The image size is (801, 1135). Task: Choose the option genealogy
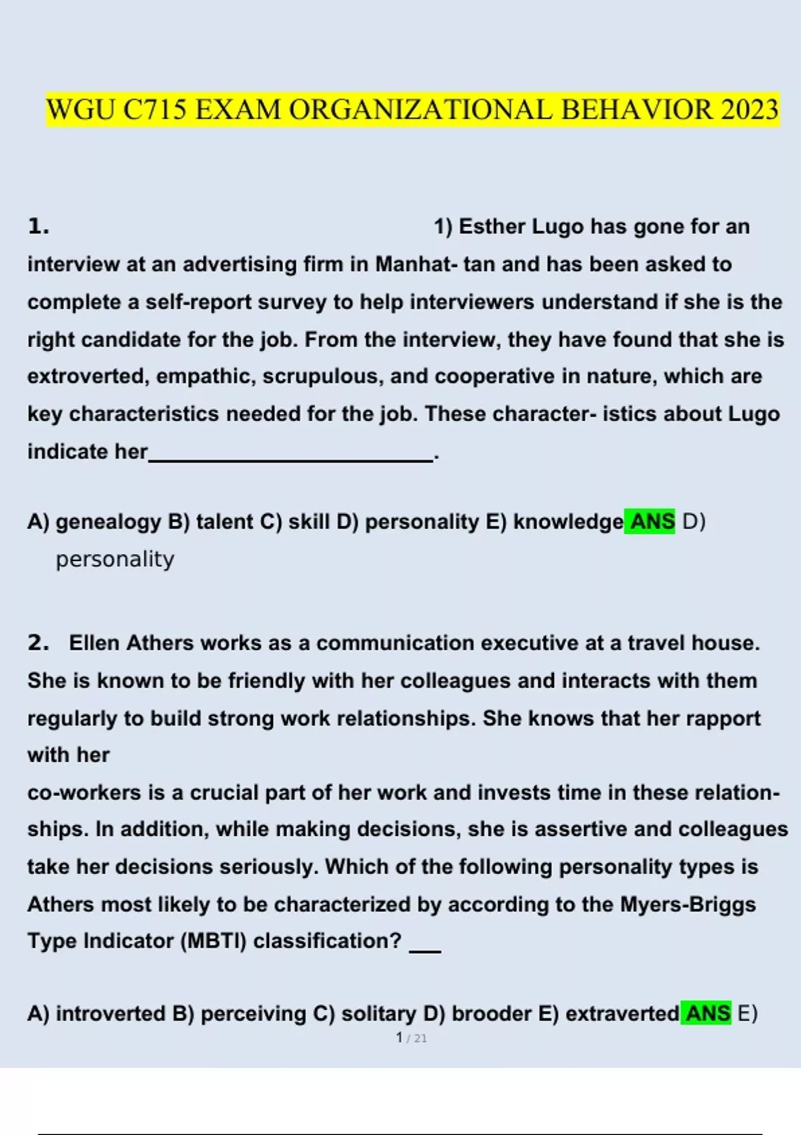(x=108, y=521)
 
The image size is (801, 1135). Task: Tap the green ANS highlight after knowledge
(x=651, y=521)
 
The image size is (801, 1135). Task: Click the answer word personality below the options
(x=115, y=559)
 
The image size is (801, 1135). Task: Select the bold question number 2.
(x=38, y=643)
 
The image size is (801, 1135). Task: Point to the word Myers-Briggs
(x=688, y=905)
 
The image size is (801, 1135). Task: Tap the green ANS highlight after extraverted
(x=708, y=1013)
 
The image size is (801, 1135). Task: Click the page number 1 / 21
(x=411, y=1038)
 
